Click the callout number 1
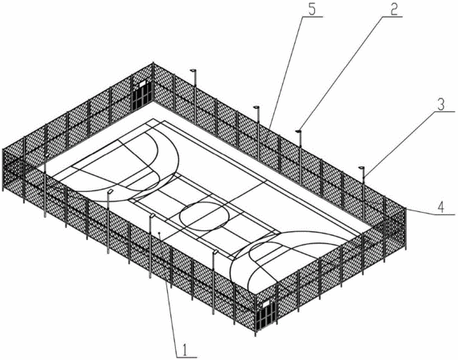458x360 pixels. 185,349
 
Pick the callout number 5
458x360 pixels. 312,10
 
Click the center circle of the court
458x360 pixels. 204,216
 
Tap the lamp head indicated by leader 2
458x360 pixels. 298,131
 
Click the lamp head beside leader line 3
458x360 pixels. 361,167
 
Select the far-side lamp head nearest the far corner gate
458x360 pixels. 193,70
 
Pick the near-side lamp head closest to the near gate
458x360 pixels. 216,251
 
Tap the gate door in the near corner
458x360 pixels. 266,317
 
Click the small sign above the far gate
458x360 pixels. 142,84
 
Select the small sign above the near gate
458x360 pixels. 266,304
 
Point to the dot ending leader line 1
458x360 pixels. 159,233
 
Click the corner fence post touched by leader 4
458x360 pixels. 405,228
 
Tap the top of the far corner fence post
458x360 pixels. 153,63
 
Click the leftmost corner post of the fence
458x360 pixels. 3,170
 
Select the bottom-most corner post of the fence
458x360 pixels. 256,315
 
